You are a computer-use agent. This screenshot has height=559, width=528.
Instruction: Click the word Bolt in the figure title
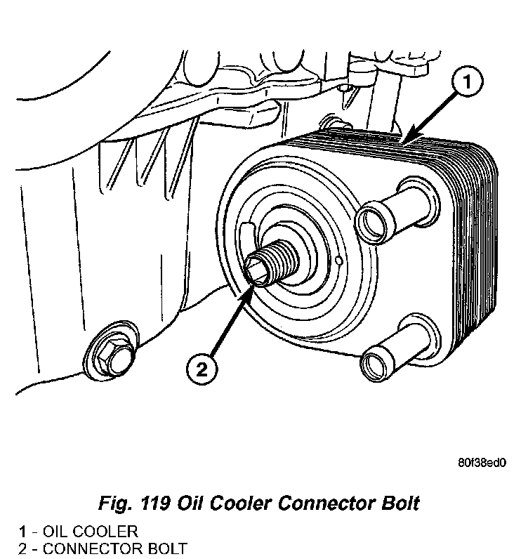click(x=400, y=504)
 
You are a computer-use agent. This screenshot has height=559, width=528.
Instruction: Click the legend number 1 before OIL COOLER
click(x=22, y=531)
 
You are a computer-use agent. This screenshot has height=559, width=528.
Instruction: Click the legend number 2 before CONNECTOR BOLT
click(x=22, y=547)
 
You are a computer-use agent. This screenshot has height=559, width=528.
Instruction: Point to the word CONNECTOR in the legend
click(x=91, y=547)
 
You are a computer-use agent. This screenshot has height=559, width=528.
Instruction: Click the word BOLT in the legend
click(x=165, y=547)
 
